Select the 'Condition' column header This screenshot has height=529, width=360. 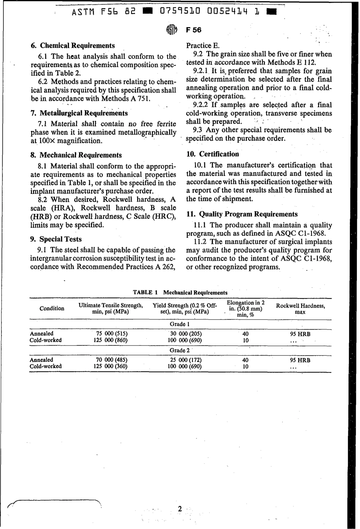[x=52, y=308]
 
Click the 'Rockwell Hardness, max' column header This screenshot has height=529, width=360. [x=300, y=309]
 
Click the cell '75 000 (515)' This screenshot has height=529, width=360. [x=112, y=334]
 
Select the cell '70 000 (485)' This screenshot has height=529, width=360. [x=112, y=360]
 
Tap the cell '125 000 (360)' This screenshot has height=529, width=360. [x=110, y=366]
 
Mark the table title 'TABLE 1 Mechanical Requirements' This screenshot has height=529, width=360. [x=180, y=292]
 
